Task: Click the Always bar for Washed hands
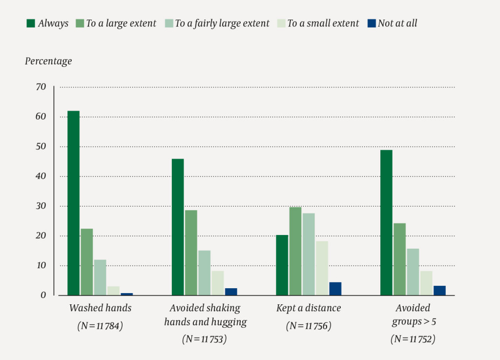(x=73, y=203)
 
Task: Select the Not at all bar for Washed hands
(x=126, y=294)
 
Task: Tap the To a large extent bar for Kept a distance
(x=295, y=251)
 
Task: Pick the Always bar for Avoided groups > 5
(x=386, y=223)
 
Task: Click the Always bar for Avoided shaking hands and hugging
(x=178, y=227)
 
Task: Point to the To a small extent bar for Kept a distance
(x=322, y=268)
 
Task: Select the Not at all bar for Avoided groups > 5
(x=439, y=291)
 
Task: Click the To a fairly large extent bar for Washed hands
(x=100, y=277)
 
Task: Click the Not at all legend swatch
(x=371, y=23)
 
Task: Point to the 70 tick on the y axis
(x=41, y=87)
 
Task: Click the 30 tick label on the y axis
(x=41, y=206)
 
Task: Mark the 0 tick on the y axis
(x=43, y=296)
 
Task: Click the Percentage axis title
(x=48, y=61)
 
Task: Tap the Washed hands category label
(x=100, y=308)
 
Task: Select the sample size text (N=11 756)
(x=309, y=326)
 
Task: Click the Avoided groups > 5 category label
(x=413, y=315)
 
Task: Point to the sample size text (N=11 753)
(x=205, y=339)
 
